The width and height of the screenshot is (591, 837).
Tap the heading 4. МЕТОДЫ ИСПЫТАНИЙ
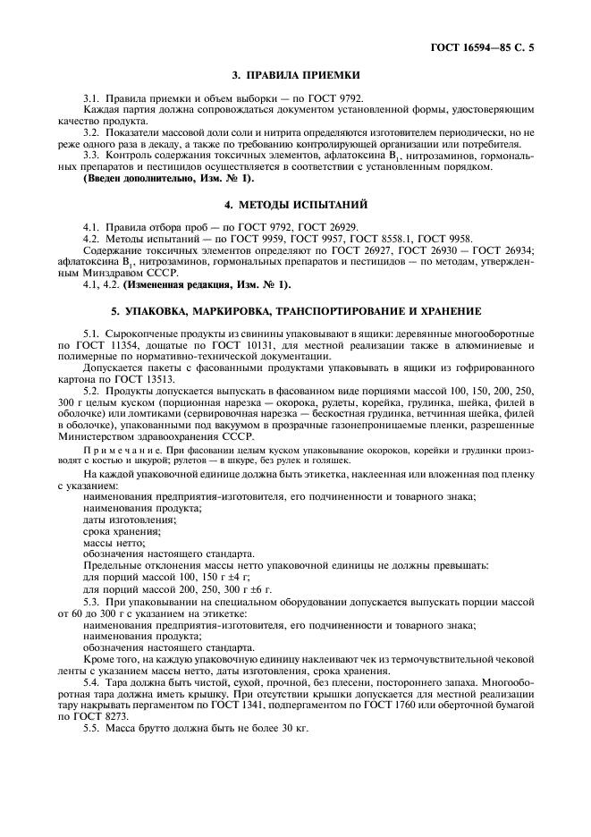[x=294, y=205]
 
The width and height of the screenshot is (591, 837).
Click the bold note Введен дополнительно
[x=156, y=179]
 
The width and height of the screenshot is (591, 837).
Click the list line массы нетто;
[x=113, y=542]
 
